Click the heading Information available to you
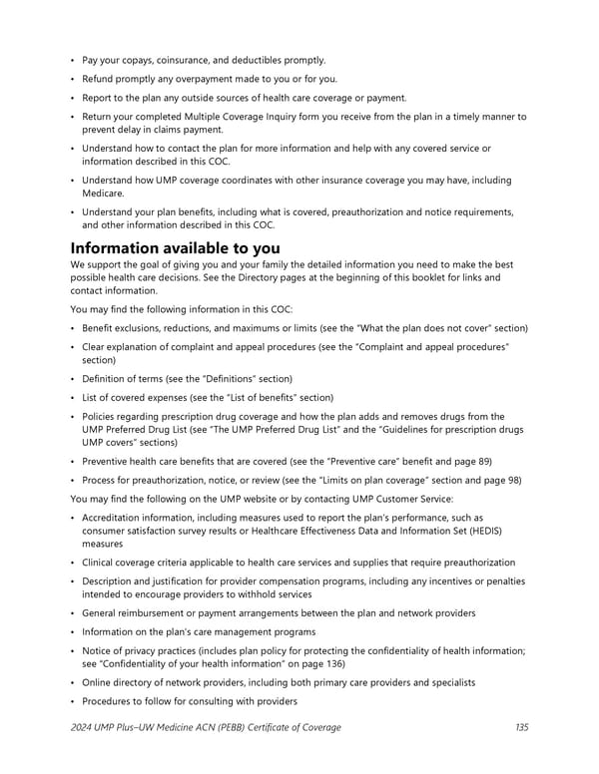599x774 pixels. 175,247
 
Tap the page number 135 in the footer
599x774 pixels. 522,727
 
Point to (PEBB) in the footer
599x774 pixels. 229,727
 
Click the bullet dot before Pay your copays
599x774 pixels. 73,60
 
